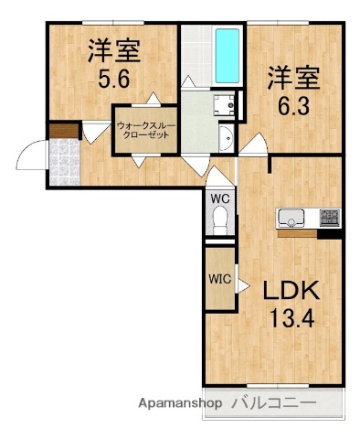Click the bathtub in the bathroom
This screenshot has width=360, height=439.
point(227,55)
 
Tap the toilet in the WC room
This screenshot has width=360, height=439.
point(219,217)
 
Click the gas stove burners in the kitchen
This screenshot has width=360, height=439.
point(328,219)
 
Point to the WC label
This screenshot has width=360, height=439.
point(219,198)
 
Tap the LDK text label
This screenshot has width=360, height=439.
point(291,293)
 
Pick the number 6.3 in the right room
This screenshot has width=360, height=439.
point(292,104)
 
